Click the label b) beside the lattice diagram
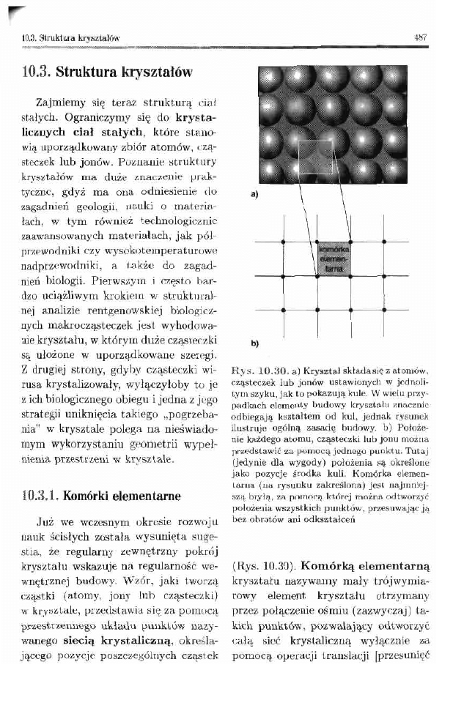click(254, 342)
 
